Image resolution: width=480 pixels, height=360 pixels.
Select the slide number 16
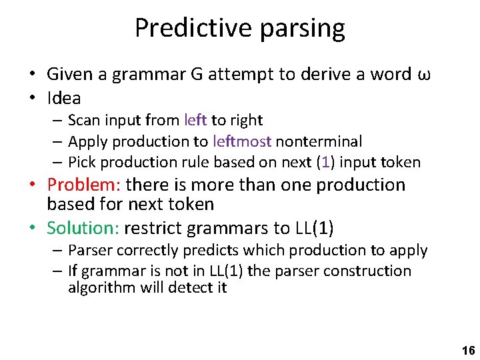pyautogui.click(x=467, y=350)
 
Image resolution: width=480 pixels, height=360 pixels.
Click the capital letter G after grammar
pyautogui.click(x=197, y=74)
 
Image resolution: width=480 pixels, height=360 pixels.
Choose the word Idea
pyautogui.click(x=64, y=98)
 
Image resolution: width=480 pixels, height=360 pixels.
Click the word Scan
pyautogui.click(x=83, y=120)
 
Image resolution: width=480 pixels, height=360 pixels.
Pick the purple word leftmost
pyautogui.click(x=241, y=141)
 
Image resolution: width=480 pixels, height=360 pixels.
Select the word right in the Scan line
pyautogui.click(x=247, y=120)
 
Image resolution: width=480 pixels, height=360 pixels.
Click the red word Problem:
pyautogui.click(x=84, y=185)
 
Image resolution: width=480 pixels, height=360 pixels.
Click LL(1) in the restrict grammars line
pyautogui.click(x=313, y=228)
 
